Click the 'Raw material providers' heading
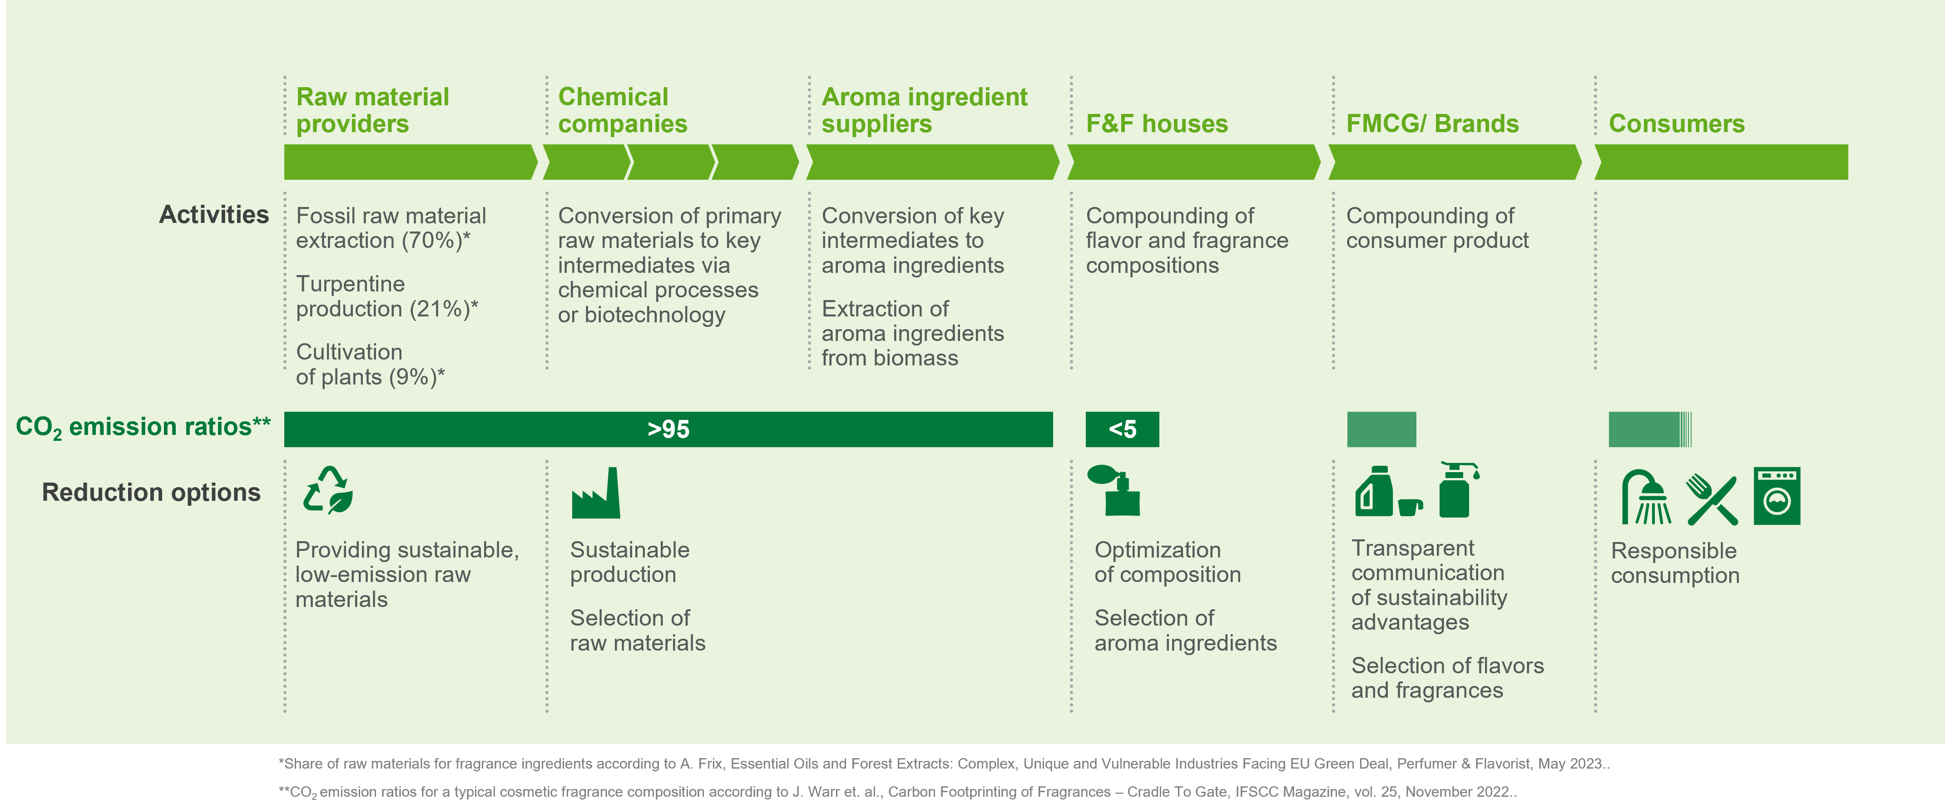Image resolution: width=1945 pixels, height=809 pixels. click(372, 110)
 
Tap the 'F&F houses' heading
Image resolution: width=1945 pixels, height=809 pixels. click(1157, 124)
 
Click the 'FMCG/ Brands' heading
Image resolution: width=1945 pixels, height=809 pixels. click(1432, 124)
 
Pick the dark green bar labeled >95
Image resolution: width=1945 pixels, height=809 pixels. click(668, 429)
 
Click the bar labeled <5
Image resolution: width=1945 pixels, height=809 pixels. click(1122, 429)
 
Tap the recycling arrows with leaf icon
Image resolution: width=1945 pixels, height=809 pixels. click(328, 491)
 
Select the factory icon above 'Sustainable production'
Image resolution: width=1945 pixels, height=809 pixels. click(596, 493)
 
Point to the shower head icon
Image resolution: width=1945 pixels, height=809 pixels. click(1646, 497)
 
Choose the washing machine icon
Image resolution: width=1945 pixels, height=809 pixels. click(1777, 496)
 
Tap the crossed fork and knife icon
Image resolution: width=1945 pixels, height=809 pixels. click(1712, 499)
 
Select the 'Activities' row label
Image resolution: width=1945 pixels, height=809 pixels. click(214, 215)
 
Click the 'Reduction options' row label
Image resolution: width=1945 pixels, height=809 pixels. click(151, 493)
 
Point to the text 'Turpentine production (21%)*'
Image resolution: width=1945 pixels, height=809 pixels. click(386, 296)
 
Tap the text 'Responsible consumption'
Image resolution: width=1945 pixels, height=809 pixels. click(1675, 563)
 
